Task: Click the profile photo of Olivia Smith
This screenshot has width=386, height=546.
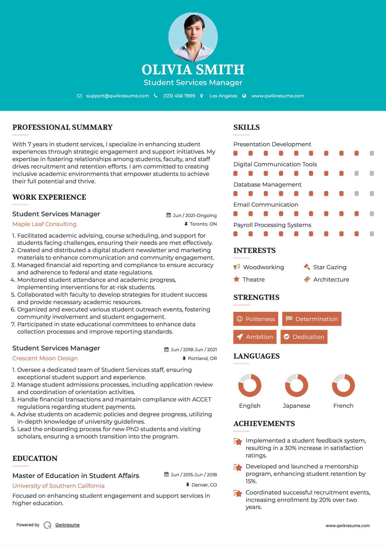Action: [193, 37]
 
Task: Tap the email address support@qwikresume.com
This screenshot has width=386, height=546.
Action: [117, 96]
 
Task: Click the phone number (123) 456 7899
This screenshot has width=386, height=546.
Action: [179, 96]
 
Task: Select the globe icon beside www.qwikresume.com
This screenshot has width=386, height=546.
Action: [244, 96]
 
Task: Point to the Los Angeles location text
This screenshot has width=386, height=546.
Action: [223, 96]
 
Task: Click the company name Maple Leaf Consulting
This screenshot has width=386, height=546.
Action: [44, 224]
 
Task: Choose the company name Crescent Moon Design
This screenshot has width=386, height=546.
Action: [45, 358]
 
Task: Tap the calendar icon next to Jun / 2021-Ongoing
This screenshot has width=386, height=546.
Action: [169, 215]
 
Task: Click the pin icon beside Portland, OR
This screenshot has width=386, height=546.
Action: [184, 358]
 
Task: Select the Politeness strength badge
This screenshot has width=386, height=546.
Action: [256, 319]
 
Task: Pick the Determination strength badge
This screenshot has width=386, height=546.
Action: [312, 319]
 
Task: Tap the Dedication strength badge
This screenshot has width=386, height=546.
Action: [304, 337]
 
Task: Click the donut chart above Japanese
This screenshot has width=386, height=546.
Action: [297, 385]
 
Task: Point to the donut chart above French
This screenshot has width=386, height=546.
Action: [343, 385]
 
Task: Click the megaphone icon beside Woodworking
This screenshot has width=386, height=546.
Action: [236, 267]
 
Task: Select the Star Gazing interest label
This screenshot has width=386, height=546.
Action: [330, 267]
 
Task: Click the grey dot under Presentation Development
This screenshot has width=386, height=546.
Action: [372, 153]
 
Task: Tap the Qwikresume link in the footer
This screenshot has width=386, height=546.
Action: [67, 525]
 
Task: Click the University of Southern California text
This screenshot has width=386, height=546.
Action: [58, 486]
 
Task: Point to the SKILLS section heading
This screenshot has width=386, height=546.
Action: [246, 127]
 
